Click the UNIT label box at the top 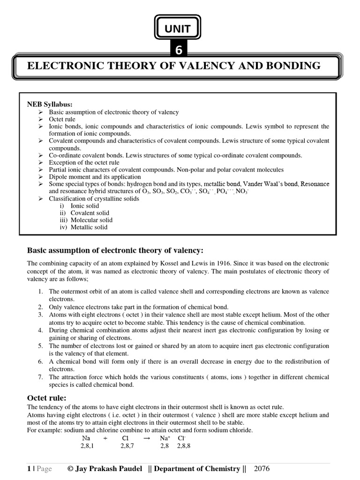pyautogui.click(x=177, y=29)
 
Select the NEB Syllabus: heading pyautogui.click(x=50, y=104)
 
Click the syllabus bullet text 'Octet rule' pyautogui.click(x=62, y=120)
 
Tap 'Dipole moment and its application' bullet pyautogui.click(x=95, y=177)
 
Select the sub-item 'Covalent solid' pyautogui.click(x=90, y=213)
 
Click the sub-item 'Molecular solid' pyautogui.click(x=91, y=220)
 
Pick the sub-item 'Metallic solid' pyautogui.click(x=89, y=227)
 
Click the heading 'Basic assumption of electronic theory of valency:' pyautogui.click(x=116, y=249)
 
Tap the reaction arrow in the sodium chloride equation pyautogui.click(x=147, y=438)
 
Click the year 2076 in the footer pyautogui.click(x=262, y=469)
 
